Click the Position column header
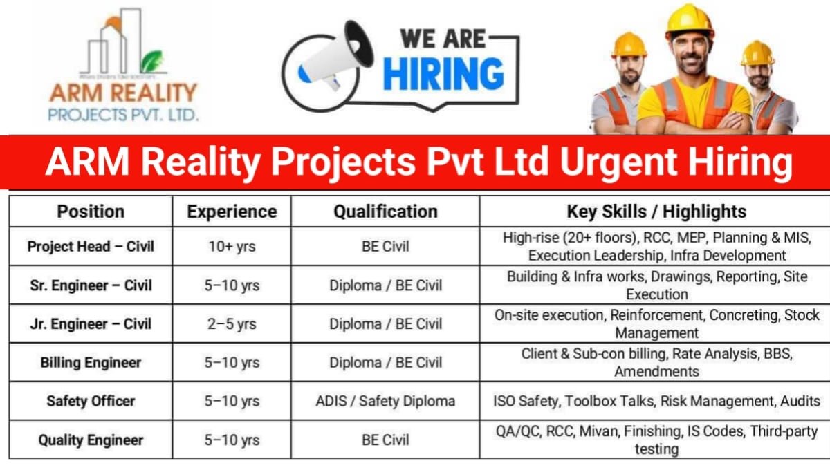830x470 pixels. click(x=91, y=211)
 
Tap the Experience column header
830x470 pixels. click(x=232, y=211)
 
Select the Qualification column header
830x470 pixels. click(x=385, y=211)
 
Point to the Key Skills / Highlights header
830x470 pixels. click(x=656, y=211)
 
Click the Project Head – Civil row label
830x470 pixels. click(x=91, y=246)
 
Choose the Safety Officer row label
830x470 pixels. click(x=91, y=401)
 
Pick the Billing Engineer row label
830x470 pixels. click(x=91, y=362)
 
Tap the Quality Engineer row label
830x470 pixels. click(x=91, y=440)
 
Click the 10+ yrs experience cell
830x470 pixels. click(x=232, y=247)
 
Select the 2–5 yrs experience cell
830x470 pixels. click(x=232, y=324)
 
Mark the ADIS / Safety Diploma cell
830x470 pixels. click(x=385, y=401)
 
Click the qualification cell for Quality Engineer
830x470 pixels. click(x=385, y=440)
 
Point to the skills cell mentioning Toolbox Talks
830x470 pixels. click(x=656, y=401)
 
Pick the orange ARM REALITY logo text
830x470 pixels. click(x=123, y=92)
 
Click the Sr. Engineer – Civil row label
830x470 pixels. click(x=91, y=285)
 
